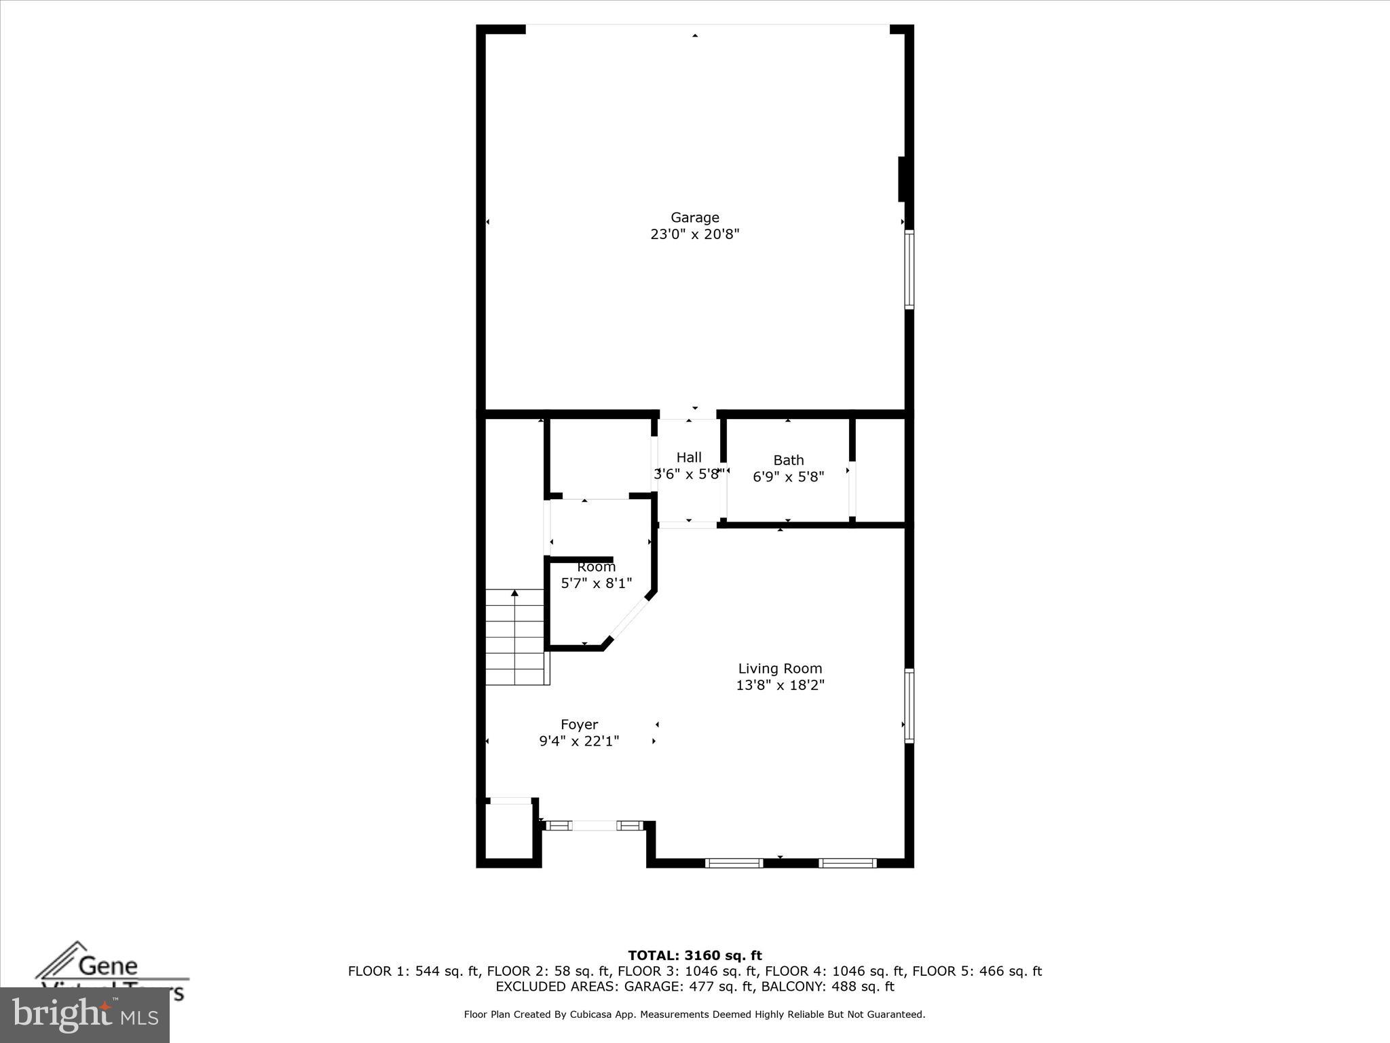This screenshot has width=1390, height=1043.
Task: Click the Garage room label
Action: click(x=694, y=217)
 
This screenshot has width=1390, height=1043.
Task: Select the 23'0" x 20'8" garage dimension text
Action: click(x=694, y=235)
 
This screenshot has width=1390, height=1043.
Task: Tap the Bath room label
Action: click(x=788, y=460)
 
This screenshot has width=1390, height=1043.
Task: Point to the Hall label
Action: click(x=688, y=458)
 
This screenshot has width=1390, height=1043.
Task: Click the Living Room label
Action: click(x=780, y=669)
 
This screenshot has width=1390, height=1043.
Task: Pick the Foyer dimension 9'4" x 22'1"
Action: click(x=579, y=742)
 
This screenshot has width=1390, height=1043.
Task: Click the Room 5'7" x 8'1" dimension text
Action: click(x=596, y=583)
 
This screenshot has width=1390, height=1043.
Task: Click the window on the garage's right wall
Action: click(x=909, y=270)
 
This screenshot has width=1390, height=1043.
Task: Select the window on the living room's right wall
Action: click(x=909, y=706)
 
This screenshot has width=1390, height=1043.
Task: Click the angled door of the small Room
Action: click(x=629, y=617)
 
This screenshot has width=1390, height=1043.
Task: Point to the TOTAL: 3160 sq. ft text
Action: click(x=694, y=956)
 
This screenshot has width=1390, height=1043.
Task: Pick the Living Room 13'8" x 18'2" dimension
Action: click(x=780, y=686)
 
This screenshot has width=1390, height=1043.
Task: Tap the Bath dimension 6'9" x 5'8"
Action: click(x=788, y=477)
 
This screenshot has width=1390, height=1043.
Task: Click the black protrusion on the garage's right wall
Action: click(x=902, y=179)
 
